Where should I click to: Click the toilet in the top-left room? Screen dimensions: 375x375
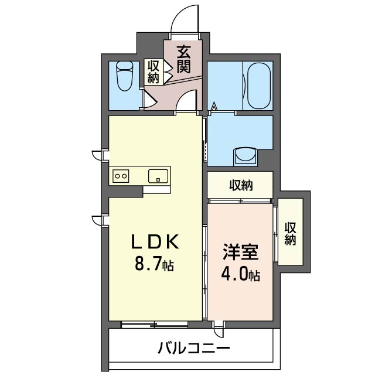tap(124, 77)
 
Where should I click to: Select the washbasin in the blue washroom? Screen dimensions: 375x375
tap(246, 156)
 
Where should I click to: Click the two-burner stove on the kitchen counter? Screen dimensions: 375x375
tap(121, 175)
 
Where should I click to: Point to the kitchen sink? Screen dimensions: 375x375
tap(158, 175)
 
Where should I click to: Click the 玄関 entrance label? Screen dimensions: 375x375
tap(185, 59)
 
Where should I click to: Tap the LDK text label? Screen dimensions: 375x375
tap(154, 241)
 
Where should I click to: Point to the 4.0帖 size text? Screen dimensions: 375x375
tap(240, 274)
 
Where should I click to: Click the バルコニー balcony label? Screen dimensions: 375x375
tap(193, 349)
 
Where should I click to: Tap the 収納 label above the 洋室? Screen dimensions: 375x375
tap(240, 186)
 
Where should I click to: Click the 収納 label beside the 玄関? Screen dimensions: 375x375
tap(154, 71)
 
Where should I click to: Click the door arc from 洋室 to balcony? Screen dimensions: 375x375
tap(219, 331)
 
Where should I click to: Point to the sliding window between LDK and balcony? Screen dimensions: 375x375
tap(155, 323)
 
